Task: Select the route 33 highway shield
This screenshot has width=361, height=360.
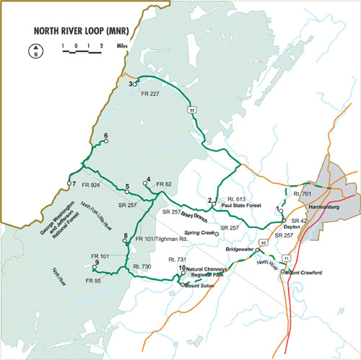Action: coord(191,110)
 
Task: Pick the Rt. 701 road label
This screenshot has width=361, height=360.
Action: coord(303,194)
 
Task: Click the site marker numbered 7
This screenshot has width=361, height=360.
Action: coord(69,184)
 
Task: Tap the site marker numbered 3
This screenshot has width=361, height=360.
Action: coord(135,84)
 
